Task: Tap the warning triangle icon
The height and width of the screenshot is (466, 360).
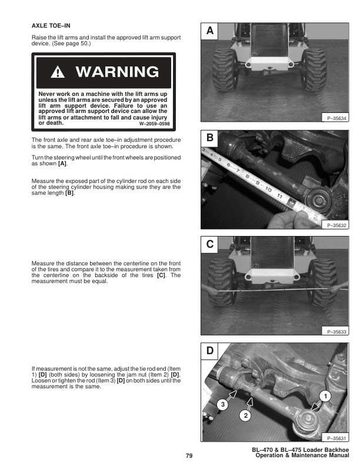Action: pos(59,73)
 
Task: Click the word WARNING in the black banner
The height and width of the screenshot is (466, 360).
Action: pos(117,72)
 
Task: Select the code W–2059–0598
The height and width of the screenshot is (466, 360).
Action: pos(154,124)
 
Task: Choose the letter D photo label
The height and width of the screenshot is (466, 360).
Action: pos(210,352)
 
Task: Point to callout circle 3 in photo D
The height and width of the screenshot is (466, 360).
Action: pos(223,404)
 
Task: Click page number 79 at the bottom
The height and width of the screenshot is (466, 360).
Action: pos(189,456)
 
